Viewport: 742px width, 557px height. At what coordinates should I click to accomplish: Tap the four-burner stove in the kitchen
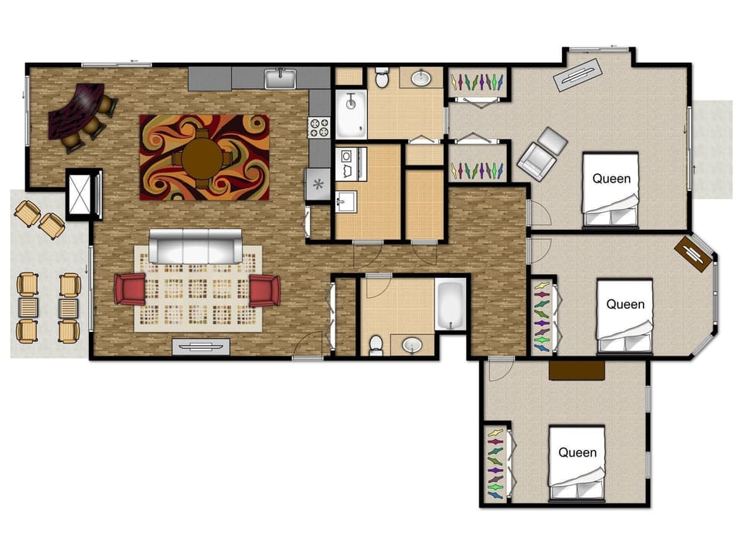(318, 127)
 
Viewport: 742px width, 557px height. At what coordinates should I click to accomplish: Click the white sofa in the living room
(195, 247)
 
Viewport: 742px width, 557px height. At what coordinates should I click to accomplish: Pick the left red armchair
(130, 289)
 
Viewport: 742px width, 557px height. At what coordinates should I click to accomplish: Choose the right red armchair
(264, 290)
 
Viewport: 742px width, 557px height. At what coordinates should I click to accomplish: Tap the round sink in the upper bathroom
(420, 77)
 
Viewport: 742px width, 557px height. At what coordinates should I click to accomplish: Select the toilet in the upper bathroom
(382, 77)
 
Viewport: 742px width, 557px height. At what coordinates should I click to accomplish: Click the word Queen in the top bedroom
(611, 179)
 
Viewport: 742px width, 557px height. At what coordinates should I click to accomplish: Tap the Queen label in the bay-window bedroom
(625, 305)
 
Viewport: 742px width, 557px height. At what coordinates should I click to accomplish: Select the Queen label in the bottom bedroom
(577, 452)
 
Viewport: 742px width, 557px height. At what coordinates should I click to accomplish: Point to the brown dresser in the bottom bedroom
(577, 371)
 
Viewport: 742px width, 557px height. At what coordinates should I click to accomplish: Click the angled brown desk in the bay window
(693, 254)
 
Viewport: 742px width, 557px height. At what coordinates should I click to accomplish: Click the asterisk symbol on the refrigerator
(317, 184)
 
